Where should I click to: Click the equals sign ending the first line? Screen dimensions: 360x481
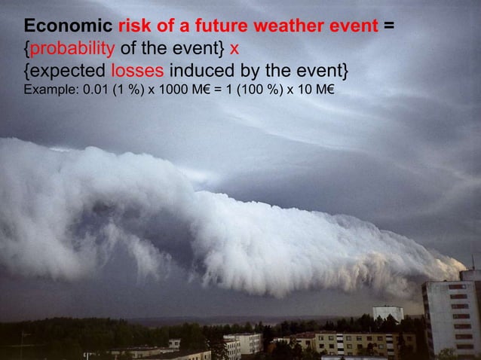coord(388,28)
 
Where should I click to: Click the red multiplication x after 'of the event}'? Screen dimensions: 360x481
coord(234,50)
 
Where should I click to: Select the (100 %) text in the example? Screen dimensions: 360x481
coord(262,93)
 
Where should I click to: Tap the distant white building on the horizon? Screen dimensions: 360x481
coord(388,313)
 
